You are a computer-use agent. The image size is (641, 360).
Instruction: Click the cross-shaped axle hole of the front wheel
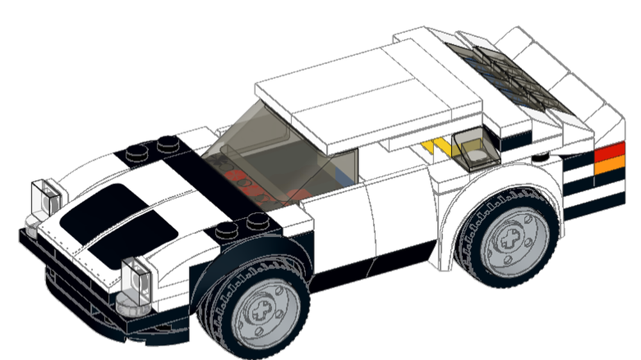[262, 312]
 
